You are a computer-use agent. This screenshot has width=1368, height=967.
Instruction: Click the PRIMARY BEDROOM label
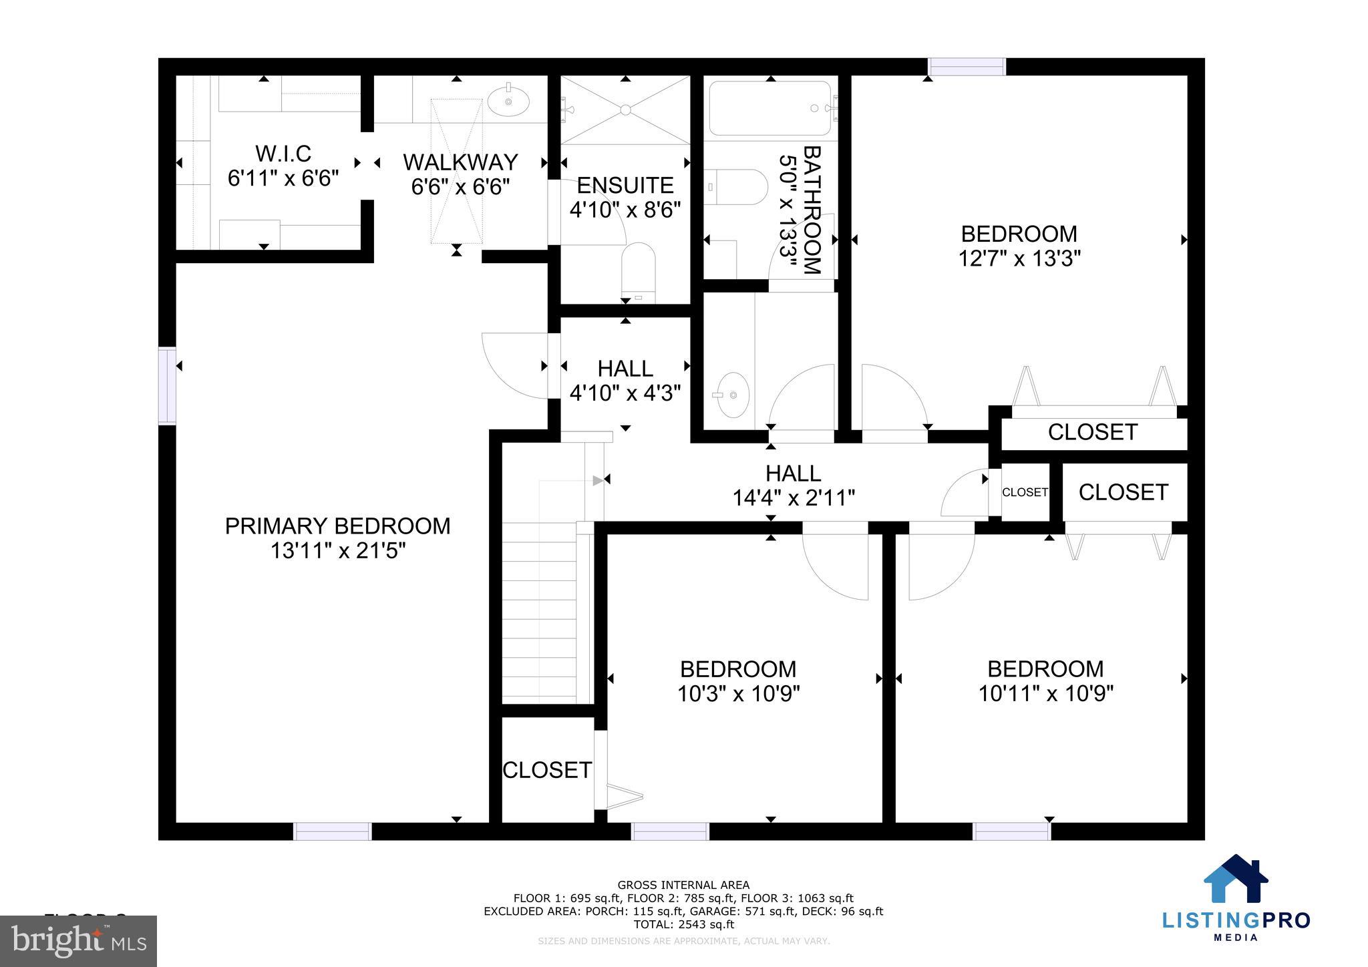click(x=337, y=526)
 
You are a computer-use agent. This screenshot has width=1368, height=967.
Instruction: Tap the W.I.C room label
click(x=283, y=154)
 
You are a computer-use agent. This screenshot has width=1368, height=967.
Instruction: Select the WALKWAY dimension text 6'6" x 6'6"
click(x=460, y=187)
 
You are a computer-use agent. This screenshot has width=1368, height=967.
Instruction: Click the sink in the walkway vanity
click(x=508, y=102)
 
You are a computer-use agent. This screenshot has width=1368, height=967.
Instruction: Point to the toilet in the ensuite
click(x=638, y=270)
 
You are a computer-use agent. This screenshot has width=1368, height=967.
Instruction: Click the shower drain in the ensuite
click(x=625, y=109)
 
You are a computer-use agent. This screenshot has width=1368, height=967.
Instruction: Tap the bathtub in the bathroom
click(x=770, y=108)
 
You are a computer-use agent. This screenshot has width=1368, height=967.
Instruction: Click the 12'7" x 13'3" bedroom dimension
click(x=1019, y=258)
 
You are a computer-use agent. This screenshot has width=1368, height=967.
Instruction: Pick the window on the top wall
click(x=967, y=67)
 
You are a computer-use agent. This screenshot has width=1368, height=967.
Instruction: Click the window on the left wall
click(x=167, y=385)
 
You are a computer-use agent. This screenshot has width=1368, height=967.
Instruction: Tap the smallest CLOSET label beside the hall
click(x=1025, y=492)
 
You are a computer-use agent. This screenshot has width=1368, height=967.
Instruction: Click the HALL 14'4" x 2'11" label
click(x=794, y=486)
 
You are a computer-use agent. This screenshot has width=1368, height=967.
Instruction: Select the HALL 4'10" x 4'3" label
click(x=625, y=381)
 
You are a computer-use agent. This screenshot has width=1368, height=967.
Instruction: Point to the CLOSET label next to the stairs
click(x=546, y=770)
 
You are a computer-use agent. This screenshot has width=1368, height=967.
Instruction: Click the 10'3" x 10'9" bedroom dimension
click(x=738, y=694)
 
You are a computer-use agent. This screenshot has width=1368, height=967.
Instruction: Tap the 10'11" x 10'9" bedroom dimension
click(x=1045, y=694)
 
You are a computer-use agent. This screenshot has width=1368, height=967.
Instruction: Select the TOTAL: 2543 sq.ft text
click(x=683, y=924)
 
